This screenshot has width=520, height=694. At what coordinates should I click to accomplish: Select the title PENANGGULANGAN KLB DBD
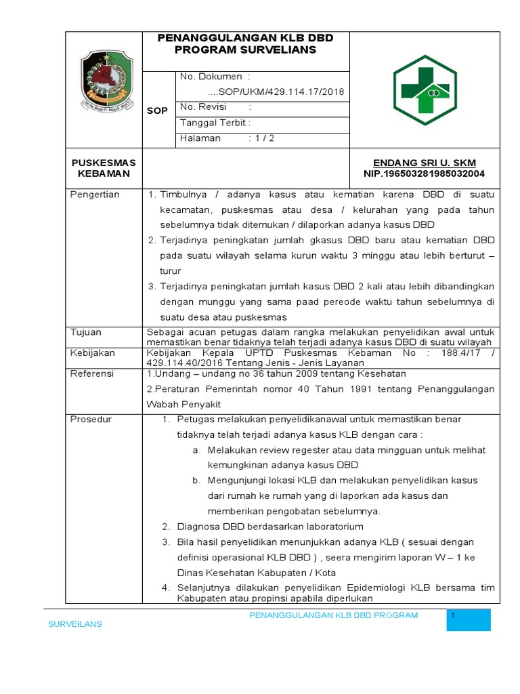click(245, 38)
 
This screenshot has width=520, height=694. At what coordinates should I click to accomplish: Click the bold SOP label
click(158, 111)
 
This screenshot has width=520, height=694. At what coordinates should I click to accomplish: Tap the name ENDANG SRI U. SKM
click(425, 163)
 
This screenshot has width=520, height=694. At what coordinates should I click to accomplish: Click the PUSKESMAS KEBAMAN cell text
click(104, 168)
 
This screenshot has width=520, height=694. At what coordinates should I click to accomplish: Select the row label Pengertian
click(95, 195)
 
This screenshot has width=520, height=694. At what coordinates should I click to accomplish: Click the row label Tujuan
click(86, 332)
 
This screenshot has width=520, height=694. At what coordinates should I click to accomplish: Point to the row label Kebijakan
click(93, 353)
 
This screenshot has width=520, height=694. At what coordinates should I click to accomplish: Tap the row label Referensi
click(93, 373)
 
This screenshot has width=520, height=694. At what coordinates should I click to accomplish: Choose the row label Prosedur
click(91, 420)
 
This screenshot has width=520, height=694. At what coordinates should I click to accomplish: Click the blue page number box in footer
click(469, 620)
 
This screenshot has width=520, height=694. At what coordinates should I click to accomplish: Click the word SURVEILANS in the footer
click(74, 624)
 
